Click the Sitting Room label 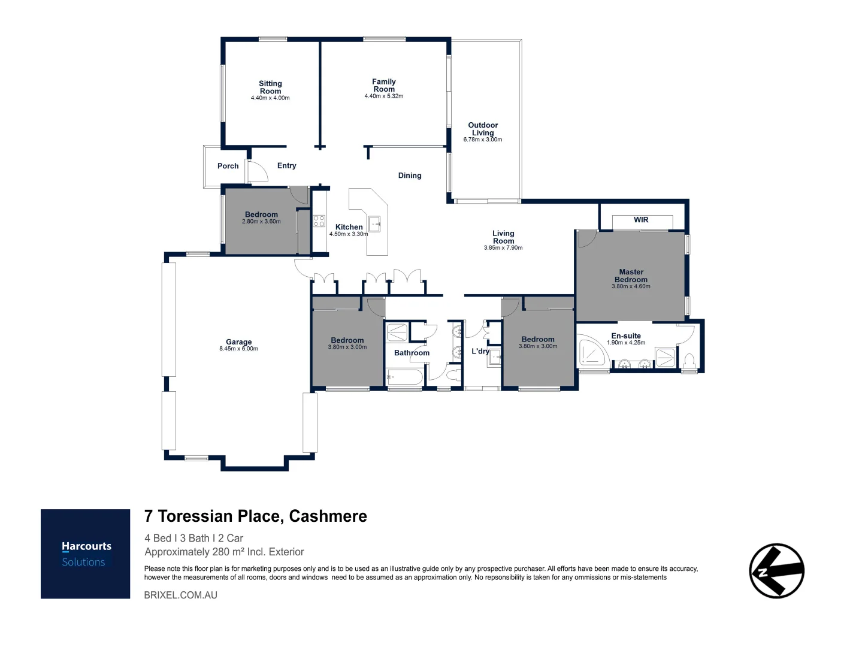[270, 87]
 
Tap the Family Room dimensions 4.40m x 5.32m [383, 96]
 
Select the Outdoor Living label [483, 129]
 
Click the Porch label [228, 166]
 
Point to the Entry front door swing [258, 171]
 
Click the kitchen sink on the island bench [375, 223]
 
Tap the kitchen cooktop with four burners [319, 220]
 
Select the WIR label [641, 220]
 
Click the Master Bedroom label [631, 276]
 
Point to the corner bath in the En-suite [592, 353]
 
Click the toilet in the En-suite [689, 361]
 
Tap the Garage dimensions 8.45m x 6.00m [238, 349]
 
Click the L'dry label [480, 351]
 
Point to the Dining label [410, 176]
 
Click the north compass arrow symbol [776, 570]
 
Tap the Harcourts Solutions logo [86, 554]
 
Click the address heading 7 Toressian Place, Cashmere [256, 516]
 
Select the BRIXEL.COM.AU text [181, 595]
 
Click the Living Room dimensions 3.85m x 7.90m [503, 247]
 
